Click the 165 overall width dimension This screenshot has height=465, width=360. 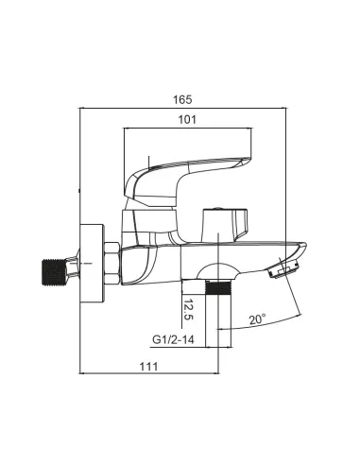182,99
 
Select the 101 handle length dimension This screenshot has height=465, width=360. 187,120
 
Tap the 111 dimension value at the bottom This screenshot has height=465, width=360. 148,367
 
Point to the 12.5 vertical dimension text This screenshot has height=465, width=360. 188,309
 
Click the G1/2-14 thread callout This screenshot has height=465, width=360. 173,339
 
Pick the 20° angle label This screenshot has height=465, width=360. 258,319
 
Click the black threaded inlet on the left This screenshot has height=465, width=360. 54,272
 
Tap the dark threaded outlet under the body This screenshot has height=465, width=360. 218,287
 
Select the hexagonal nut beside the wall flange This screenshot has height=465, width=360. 111,263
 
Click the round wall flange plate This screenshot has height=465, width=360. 92,264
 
